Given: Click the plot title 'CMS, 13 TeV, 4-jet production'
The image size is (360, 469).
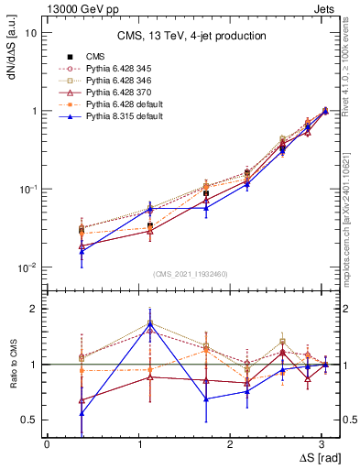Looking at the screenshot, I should tap(191, 36).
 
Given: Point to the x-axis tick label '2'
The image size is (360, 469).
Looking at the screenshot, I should tap(224, 443).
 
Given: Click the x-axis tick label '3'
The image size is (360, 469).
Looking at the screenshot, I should tap(313, 443).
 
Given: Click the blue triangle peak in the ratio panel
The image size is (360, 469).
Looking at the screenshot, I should tap(149, 324).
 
